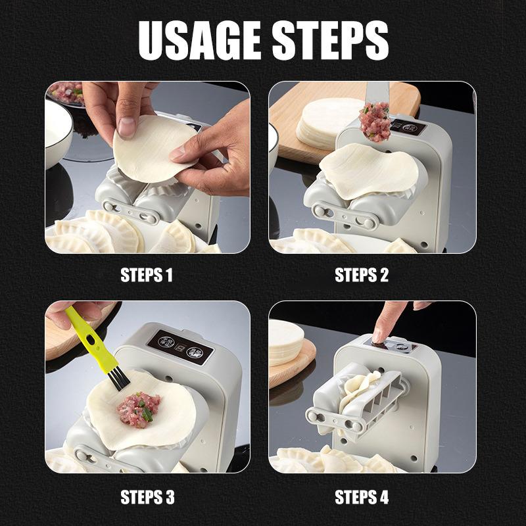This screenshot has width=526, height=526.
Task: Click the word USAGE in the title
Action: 200,40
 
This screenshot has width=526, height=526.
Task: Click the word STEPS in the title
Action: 331,40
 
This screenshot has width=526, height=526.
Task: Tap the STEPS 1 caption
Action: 147,275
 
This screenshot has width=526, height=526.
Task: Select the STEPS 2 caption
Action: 362,275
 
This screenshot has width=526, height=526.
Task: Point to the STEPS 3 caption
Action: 147,497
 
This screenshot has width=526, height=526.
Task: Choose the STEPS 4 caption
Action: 362,497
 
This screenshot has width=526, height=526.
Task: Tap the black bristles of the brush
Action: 120,381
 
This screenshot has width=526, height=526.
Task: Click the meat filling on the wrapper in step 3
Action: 139,410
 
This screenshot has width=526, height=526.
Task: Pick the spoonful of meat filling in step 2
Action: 375,122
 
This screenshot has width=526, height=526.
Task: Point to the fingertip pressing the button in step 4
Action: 379,335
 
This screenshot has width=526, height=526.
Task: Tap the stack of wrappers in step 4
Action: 286,342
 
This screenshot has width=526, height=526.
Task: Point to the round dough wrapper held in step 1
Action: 155,149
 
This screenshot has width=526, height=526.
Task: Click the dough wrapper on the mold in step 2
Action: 369,171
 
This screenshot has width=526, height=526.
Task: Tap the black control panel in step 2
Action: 408,128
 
